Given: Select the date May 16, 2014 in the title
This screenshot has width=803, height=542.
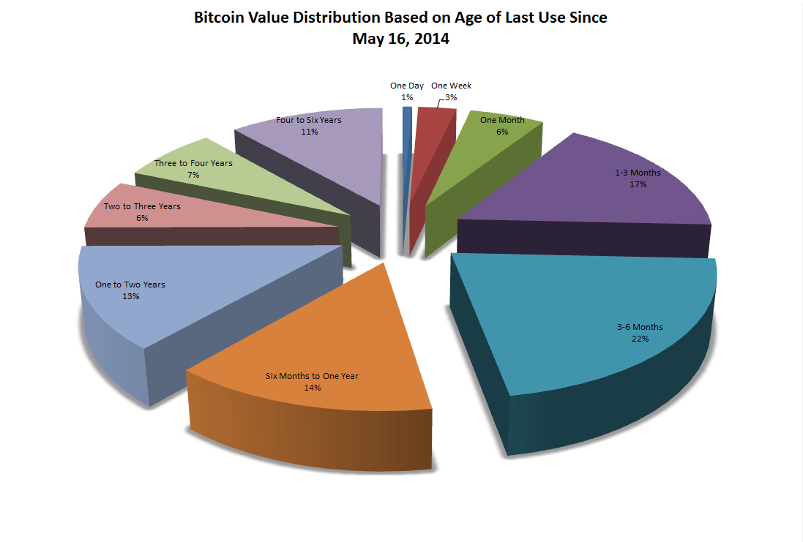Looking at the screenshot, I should [x=400, y=39].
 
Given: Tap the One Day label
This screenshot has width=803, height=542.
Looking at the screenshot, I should [x=407, y=86].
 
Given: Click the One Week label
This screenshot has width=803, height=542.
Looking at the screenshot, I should [x=451, y=86].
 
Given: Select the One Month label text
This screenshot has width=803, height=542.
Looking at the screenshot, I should [x=502, y=119].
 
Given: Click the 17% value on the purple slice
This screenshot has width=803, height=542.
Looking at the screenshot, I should [x=638, y=184].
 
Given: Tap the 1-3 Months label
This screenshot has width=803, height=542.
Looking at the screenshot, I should [x=638, y=173].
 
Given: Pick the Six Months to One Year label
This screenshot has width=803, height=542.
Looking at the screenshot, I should [x=312, y=376].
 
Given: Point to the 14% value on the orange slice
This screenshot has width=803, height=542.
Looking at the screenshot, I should [x=312, y=388].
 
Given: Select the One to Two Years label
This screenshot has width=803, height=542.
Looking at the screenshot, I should [x=130, y=285].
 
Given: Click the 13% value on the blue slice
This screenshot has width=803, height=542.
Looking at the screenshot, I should [x=130, y=296].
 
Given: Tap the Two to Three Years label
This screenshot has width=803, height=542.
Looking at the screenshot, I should [x=142, y=206].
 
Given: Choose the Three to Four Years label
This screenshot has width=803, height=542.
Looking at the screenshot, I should [x=193, y=163].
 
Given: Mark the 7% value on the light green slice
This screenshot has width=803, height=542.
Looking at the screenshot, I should [x=193, y=175].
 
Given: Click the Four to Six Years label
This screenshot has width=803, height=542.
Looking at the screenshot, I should [x=309, y=119].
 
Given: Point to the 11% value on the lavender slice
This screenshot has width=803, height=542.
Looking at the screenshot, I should [x=309, y=132].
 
